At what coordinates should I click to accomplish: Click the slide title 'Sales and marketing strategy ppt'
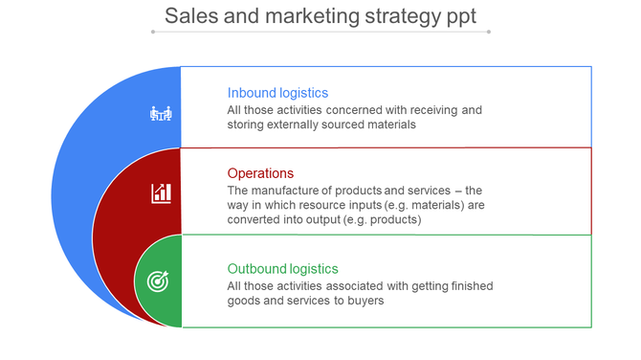pos(320,15)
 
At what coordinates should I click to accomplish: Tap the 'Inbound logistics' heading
pos(277,93)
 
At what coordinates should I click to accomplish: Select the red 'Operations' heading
pos(260,173)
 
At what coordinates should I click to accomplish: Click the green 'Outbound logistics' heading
pos(282,269)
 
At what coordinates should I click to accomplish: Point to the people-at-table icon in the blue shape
pos(162,114)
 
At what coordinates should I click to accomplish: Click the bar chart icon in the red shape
pos(162,192)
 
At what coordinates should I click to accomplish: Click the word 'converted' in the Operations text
pos(254,219)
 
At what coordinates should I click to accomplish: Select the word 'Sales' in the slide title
pos(187,15)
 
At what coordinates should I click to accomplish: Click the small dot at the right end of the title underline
pos(489,32)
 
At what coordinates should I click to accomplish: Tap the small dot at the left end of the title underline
pos(153,32)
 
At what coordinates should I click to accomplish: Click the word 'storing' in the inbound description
pos(247,124)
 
